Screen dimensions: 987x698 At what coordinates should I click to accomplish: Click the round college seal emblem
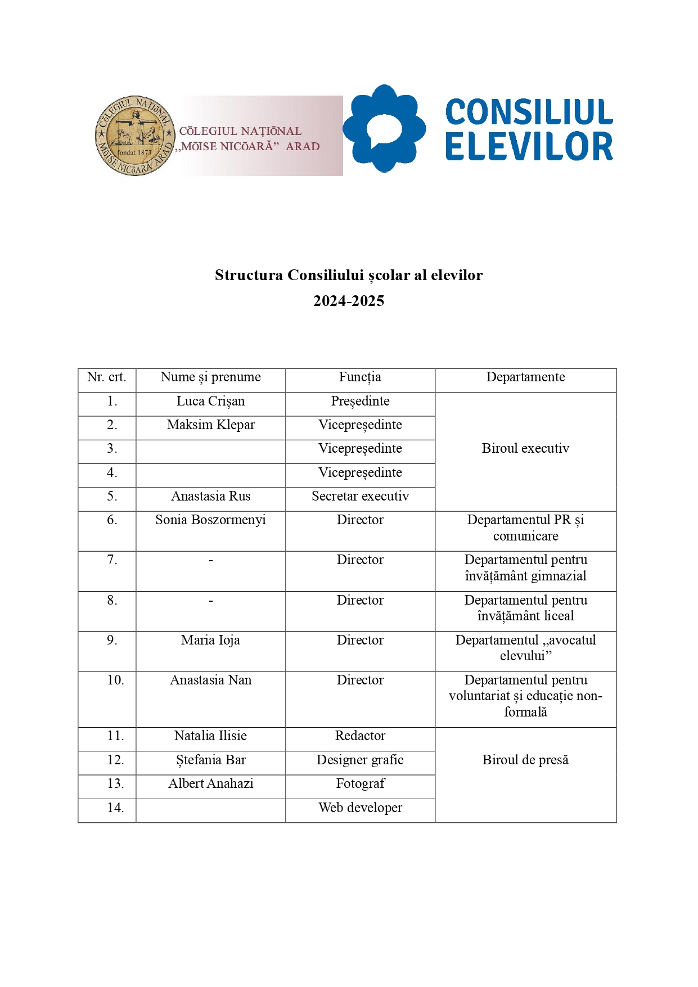135,136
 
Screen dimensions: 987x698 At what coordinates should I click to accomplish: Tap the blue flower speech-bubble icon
384,129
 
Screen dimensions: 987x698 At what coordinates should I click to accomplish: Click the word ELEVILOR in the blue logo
529,147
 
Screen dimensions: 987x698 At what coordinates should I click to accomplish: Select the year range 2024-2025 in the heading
349,301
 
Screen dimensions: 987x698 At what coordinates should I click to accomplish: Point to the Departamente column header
525,377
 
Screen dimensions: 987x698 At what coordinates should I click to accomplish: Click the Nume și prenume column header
210,377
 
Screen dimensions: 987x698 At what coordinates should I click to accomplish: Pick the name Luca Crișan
210,402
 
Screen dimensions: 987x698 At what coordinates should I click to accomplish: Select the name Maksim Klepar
210,425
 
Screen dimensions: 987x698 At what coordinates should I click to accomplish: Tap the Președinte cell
360,402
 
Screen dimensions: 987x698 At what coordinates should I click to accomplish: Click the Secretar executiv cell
360,497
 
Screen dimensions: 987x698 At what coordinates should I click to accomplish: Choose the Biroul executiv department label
525,449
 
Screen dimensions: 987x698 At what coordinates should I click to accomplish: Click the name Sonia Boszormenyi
210,520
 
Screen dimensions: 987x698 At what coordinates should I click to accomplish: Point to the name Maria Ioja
210,641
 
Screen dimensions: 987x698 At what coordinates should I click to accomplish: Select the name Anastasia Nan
210,680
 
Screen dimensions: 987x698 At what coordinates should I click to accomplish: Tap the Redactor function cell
360,736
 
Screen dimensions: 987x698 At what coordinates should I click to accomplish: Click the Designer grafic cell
360,760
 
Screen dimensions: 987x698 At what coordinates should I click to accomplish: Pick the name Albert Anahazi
210,784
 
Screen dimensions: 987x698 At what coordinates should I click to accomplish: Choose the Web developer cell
360,808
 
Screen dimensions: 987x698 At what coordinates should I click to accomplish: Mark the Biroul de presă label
525,760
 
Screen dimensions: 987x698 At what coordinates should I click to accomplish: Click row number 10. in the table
115,680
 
